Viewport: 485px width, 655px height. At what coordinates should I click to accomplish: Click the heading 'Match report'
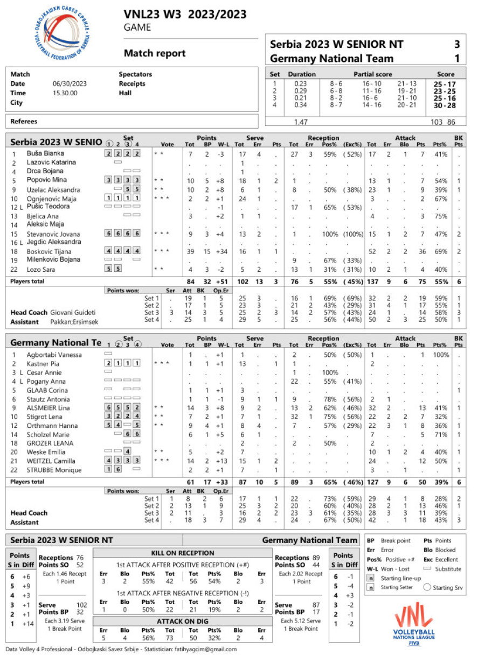155,53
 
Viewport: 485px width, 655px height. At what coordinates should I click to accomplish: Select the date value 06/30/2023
70,84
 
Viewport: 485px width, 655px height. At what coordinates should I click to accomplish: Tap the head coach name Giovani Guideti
73,313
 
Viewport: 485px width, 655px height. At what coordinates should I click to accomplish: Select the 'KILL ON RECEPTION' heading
182,553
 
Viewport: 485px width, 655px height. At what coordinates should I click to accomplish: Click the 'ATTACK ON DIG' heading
182,621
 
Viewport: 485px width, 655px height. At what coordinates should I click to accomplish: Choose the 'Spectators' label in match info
135,74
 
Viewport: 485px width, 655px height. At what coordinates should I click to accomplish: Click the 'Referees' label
24,122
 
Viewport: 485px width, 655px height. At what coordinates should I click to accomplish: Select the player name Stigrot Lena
45,417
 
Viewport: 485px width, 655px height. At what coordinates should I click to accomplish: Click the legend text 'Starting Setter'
403,588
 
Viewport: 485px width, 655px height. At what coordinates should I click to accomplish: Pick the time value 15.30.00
65,93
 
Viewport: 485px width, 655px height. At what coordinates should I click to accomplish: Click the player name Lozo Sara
41,270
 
